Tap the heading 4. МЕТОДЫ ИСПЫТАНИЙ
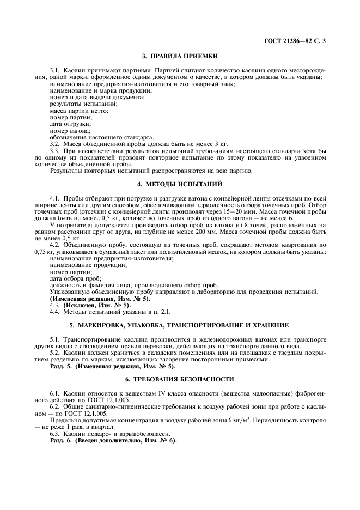click(180, 184)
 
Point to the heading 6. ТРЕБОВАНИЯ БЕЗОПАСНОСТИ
click(180, 379)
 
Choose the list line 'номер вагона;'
click(66, 131)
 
